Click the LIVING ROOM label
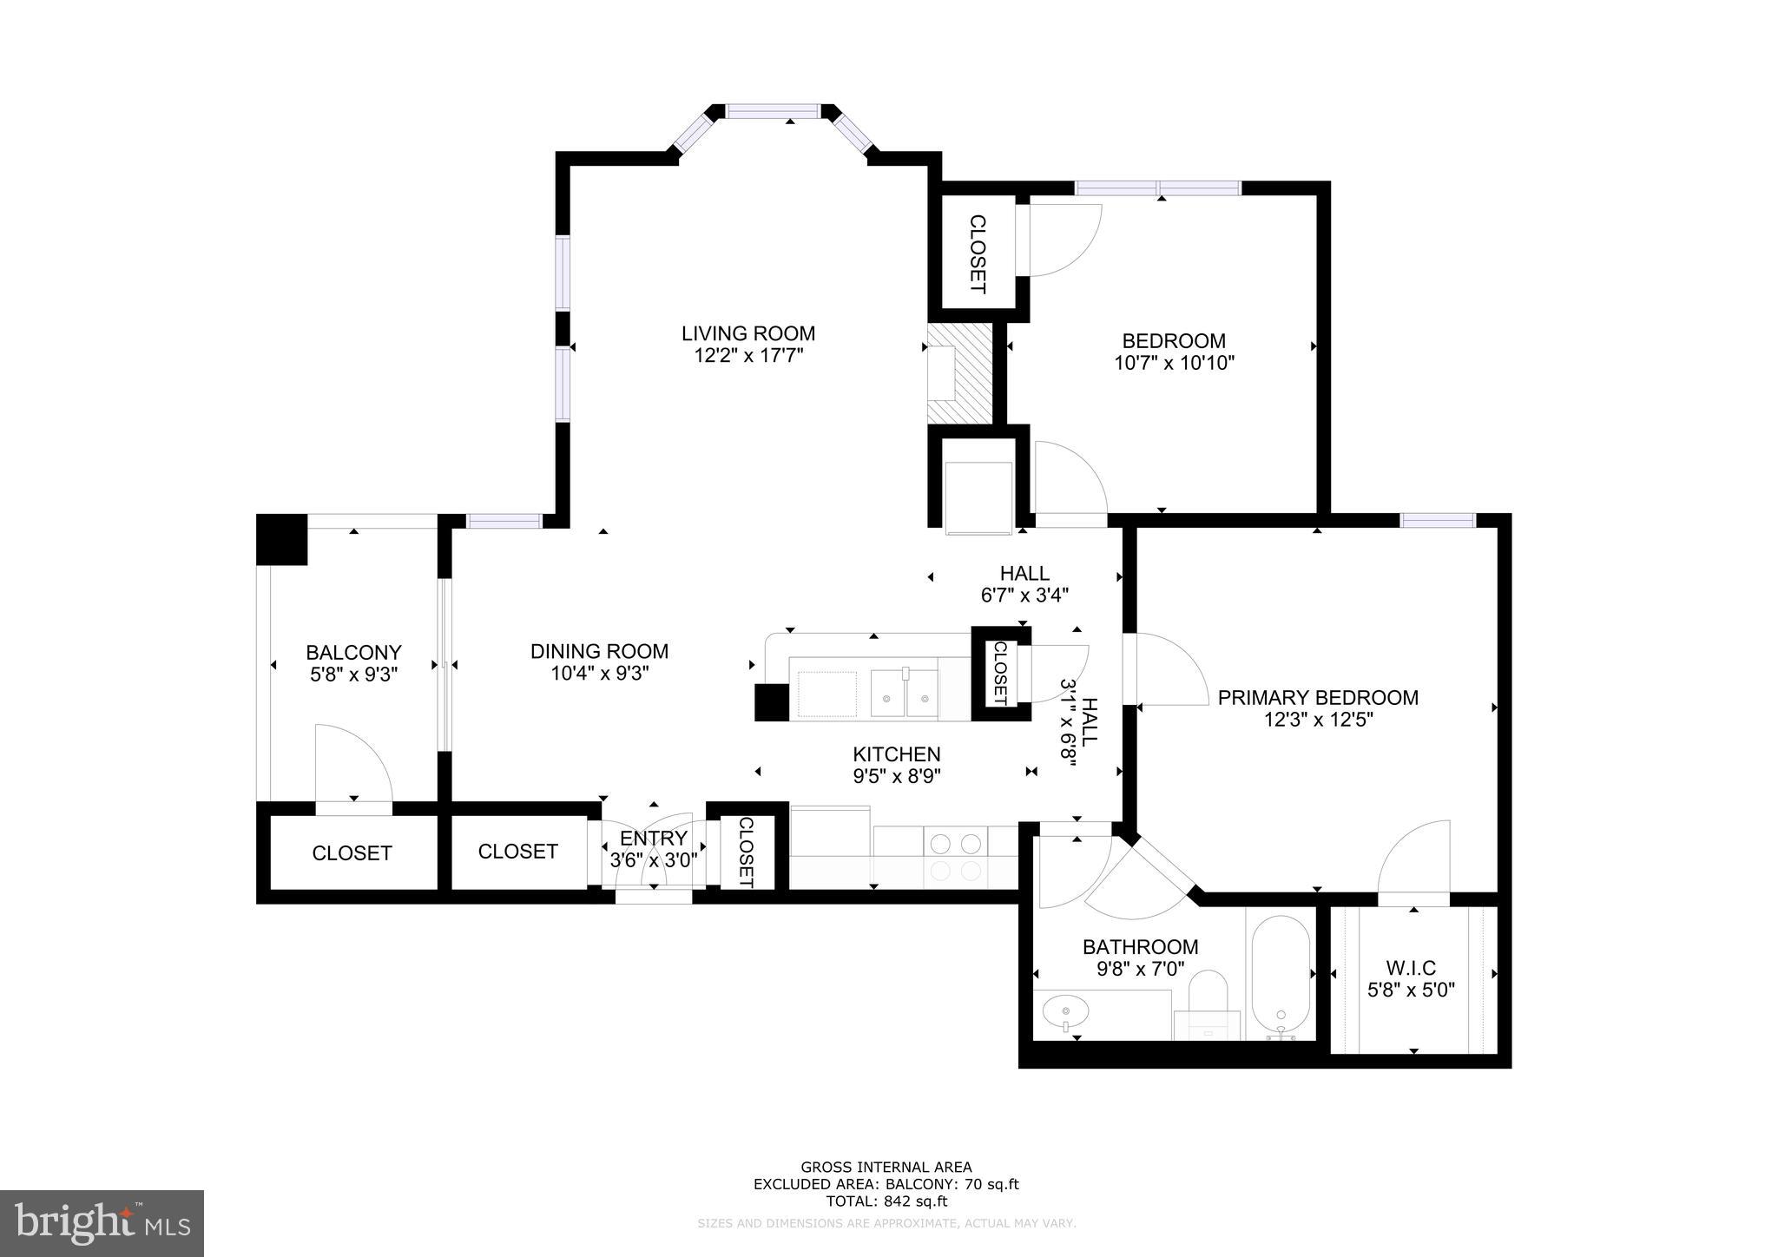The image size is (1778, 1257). [x=747, y=333]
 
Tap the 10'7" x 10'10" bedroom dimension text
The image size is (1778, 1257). [x=1174, y=363]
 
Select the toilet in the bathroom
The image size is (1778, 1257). [x=1207, y=998]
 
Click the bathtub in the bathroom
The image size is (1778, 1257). [x=1281, y=972]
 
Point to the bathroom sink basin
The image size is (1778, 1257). [x=1065, y=1011]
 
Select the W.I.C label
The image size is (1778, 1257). [x=1411, y=967]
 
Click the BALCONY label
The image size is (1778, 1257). [x=353, y=652]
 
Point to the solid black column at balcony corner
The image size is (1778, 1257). [x=282, y=539]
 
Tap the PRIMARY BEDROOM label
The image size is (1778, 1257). [x=1318, y=697]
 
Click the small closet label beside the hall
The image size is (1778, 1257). [x=999, y=673]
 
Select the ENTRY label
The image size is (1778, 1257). [x=653, y=838]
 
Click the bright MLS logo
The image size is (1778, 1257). [x=102, y=1223]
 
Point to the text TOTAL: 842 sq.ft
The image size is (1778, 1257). [x=886, y=1201]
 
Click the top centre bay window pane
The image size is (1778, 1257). [x=773, y=111]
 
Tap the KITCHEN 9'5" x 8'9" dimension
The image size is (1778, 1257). [x=897, y=775]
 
